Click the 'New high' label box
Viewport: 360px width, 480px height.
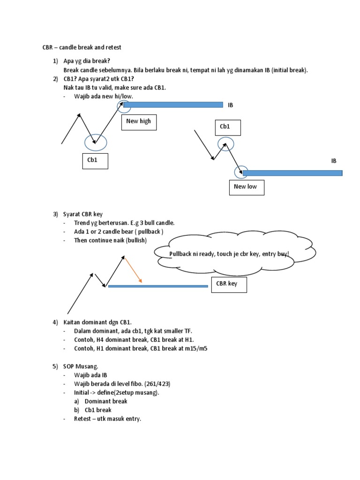(x=138, y=122)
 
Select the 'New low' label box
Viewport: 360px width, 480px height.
(x=248, y=187)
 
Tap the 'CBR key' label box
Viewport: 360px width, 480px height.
(x=229, y=285)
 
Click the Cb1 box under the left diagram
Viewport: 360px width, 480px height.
(x=95, y=160)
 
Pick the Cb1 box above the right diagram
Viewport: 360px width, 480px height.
(x=227, y=127)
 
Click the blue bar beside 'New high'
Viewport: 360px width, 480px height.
(x=173, y=105)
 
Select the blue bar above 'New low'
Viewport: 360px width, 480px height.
(x=292, y=173)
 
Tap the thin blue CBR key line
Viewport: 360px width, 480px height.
(x=158, y=286)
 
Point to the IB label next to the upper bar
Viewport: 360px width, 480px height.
(x=230, y=105)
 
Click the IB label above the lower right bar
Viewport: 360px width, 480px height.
(x=334, y=161)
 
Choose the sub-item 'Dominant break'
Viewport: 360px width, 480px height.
(x=105, y=401)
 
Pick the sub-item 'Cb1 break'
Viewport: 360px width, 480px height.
(x=98, y=410)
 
